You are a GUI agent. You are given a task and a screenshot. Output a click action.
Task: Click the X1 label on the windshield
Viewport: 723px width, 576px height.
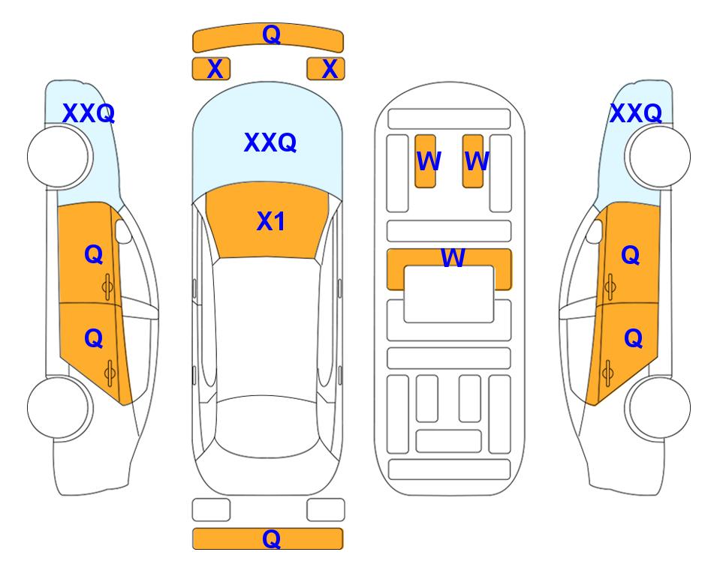271,221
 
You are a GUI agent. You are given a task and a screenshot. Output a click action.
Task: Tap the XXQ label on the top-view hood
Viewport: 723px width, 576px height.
270,142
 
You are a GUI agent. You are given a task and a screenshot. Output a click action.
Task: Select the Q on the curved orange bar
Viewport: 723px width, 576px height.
271,34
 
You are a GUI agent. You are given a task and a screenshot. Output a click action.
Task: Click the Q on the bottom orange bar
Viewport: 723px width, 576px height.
271,538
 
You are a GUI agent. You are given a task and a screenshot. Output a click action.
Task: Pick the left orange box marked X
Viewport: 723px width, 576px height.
211,69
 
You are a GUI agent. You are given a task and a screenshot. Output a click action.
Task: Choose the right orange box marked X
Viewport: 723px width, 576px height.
326,69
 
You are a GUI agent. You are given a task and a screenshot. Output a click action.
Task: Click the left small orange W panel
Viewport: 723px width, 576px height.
425,161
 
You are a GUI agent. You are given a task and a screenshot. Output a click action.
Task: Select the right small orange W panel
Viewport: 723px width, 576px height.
473,161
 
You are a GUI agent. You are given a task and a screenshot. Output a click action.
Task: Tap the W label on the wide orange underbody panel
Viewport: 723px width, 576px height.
453,257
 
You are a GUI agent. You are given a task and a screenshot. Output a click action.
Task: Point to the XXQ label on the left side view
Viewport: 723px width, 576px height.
89,113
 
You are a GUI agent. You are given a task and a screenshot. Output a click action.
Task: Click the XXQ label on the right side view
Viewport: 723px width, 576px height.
636,113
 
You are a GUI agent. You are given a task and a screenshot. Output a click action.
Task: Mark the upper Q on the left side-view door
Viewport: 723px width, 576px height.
94,254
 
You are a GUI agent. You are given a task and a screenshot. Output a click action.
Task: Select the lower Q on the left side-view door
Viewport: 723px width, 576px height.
94,339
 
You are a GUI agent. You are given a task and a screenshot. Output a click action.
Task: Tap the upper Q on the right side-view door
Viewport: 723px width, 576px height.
631,255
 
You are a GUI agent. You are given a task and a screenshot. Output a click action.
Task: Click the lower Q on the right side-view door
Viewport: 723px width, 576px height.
633,339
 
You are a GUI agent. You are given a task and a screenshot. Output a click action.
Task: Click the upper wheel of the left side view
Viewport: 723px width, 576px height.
58,157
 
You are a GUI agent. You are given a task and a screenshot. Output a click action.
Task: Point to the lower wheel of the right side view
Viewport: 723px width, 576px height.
660,407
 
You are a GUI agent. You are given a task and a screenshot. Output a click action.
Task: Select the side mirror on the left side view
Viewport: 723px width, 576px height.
122,231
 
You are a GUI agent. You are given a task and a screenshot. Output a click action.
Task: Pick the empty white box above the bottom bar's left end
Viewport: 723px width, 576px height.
211,510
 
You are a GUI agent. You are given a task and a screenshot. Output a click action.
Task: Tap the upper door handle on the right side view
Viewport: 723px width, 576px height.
610,286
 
